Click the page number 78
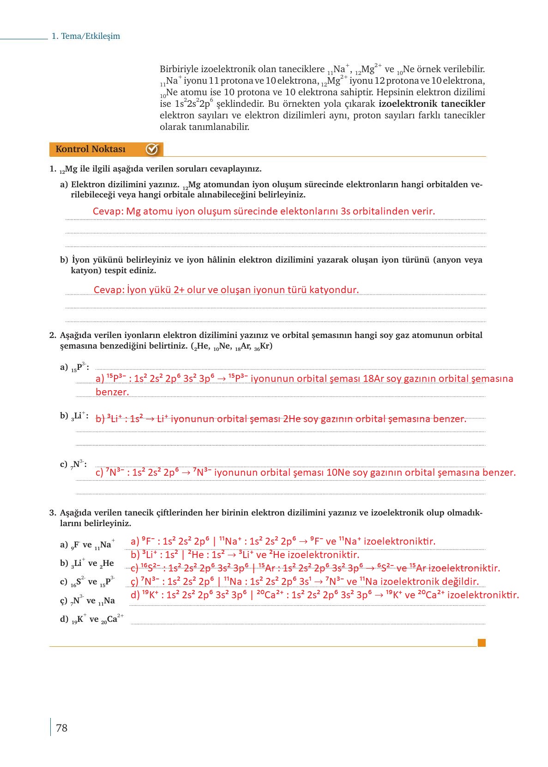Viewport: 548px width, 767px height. [x=61, y=728]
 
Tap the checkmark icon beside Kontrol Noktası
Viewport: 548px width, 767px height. [x=152, y=149]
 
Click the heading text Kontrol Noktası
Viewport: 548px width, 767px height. [x=90, y=149]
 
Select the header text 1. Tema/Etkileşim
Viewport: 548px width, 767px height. [x=86, y=36]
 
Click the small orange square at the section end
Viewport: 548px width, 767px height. [x=482, y=643]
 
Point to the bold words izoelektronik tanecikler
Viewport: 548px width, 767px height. [x=432, y=104]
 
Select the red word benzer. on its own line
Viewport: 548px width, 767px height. [x=112, y=392]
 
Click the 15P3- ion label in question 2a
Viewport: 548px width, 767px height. [x=79, y=368]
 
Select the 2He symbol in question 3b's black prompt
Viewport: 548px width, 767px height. [x=107, y=564]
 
